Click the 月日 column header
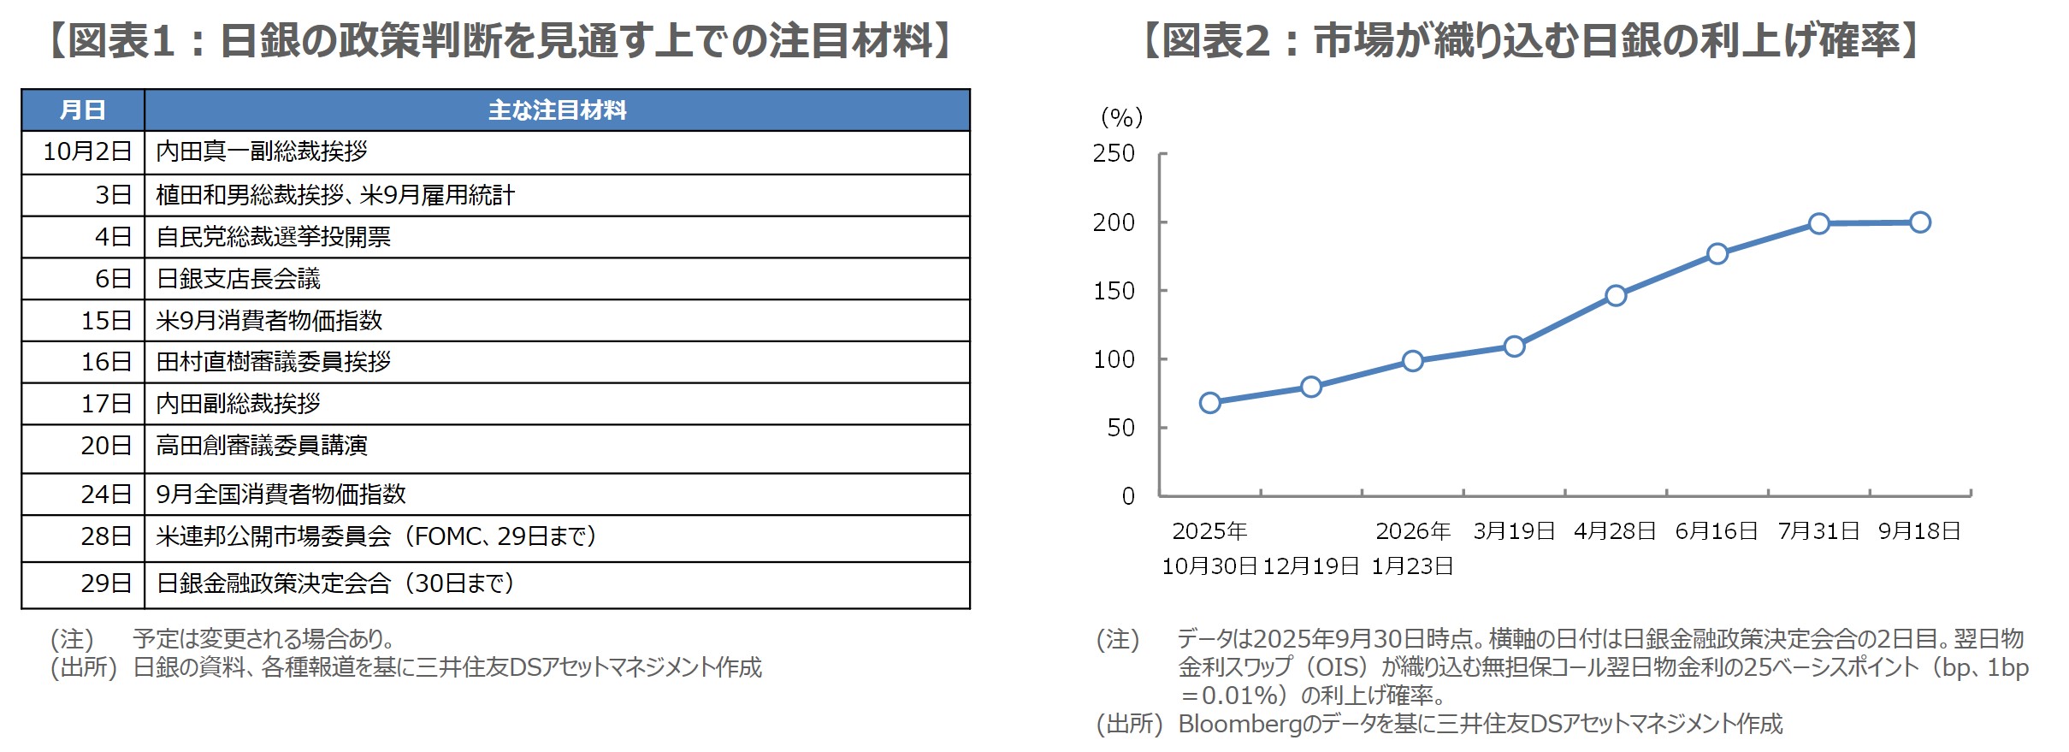(x=83, y=110)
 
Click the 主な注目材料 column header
(x=557, y=110)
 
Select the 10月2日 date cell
(x=86, y=151)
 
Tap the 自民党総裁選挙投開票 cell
(x=273, y=237)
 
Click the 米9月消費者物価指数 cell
(x=269, y=321)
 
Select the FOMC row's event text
(x=376, y=536)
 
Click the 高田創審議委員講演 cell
(x=262, y=446)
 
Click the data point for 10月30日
(x=1209, y=403)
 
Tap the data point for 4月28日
(x=1616, y=296)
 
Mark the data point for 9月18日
(x=1919, y=222)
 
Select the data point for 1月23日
(x=1413, y=361)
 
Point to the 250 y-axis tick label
(x=1114, y=154)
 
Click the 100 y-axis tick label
(x=1114, y=359)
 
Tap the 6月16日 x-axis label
(x=1717, y=531)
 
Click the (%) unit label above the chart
(x=1121, y=117)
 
